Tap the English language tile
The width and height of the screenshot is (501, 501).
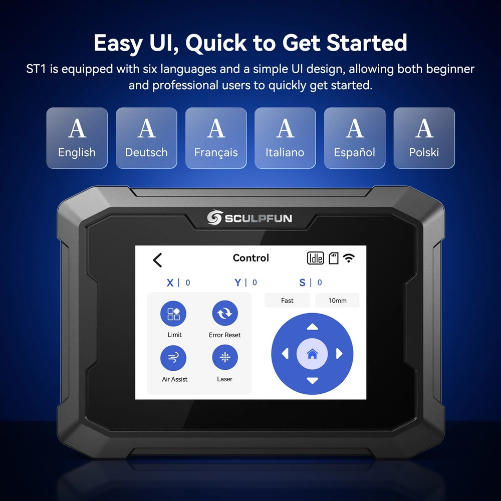(x=77, y=138)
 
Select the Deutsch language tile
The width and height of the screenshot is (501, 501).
(x=146, y=138)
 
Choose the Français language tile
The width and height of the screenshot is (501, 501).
(x=216, y=138)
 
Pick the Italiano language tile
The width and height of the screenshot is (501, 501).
(x=285, y=138)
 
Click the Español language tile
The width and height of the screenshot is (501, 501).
(x=355, y=138)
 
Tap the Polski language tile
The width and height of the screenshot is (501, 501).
(x=424, y=138)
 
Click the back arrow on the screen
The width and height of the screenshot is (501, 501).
(x=157, y=260)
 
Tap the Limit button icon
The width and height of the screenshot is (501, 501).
(x=173, y=314)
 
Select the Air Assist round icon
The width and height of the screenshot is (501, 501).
(x=173, y=358)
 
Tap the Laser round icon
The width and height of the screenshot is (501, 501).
(x=225, y=357)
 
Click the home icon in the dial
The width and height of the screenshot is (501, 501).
(x=312, y=354)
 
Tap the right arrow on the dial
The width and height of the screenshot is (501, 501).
(x=339, y=354)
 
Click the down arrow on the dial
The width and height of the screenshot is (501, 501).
(x=312, y=381)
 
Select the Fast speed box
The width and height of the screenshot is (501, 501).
(x=287, y=300)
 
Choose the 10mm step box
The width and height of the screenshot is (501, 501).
(x=337, y=300)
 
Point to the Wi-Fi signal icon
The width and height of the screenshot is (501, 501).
(x=349, y=258)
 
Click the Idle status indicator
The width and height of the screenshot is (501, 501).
(x=315, y=258)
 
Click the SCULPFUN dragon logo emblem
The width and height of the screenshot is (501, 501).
(x=214, y=217)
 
